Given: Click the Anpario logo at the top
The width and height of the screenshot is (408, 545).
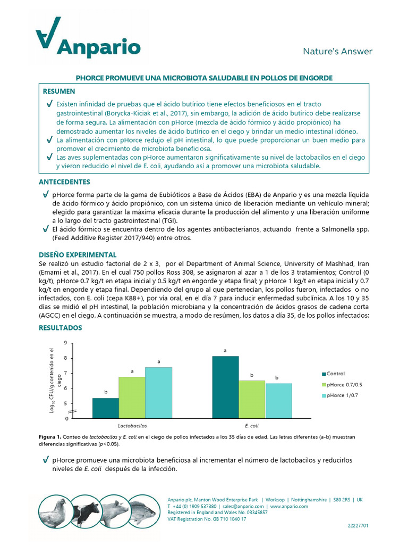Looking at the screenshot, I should pyautogui.click(x=88, y=40).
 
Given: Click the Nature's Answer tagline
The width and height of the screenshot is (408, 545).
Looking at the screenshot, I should pyautogui.click(x=337, y=52).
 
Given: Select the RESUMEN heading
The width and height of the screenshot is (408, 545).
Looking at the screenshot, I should pyautogui.click(x=59, y=92).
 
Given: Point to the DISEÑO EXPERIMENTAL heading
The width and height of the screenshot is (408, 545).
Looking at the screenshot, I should pyautogui.click(x=78, y=255).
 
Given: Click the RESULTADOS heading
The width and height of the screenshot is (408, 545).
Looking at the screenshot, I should pyautogui.click(x=61, y=328).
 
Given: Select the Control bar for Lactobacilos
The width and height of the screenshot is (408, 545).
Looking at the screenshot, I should pyautogui.click(x=105, y=408).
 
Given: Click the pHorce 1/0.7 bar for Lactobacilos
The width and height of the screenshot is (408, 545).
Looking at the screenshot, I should pyautogui.click(x=158, y=392).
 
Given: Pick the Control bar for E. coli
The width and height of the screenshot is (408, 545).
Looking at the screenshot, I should pyautogui.click(x=225, y=387).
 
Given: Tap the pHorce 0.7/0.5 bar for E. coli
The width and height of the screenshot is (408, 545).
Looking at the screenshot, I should pyautogui.click(x=252, y=399).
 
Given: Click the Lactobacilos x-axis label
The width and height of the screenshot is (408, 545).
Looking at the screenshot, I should pyautogui.click(x=132, y=426).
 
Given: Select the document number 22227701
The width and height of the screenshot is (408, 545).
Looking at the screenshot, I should pyautogui.click(x=356, y=525).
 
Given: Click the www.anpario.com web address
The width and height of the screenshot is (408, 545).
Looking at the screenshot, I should pyautogui.click(x=289, y=507).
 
